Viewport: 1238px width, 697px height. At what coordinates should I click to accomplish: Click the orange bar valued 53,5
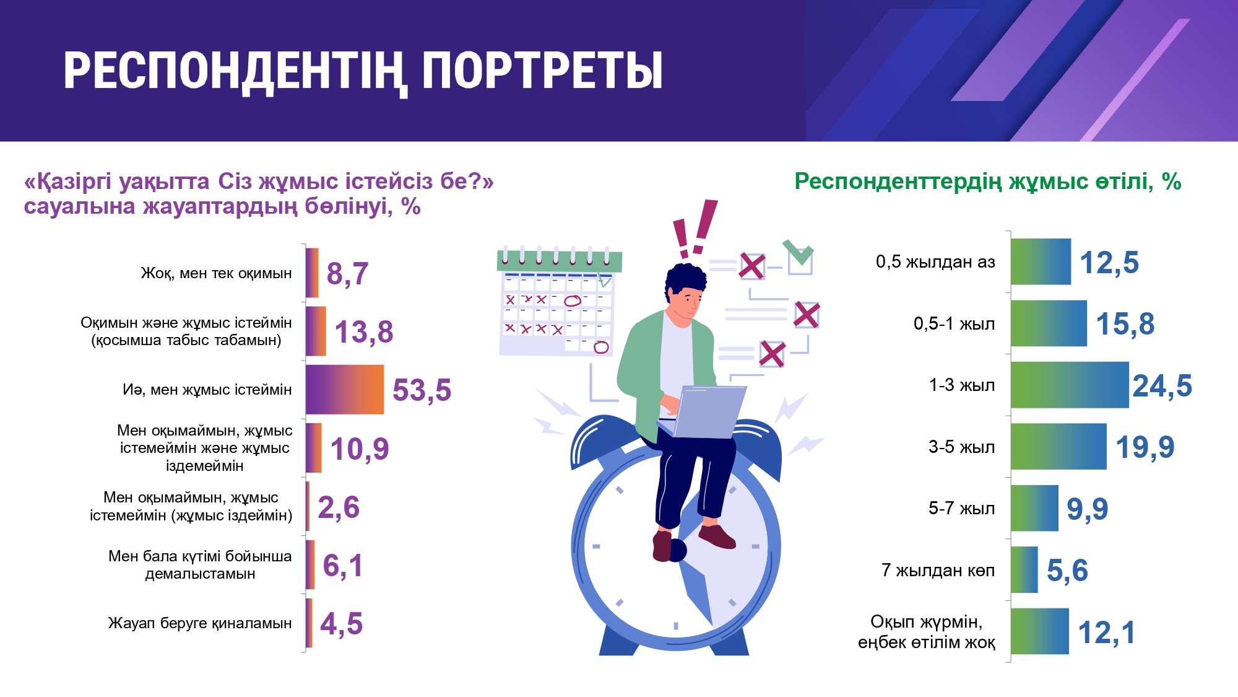(345, 389)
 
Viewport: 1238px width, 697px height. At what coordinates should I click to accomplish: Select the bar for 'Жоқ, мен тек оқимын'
(312, 273)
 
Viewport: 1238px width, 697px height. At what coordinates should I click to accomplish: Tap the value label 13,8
(364, 332)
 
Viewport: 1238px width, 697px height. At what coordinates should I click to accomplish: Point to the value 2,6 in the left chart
(339, 507)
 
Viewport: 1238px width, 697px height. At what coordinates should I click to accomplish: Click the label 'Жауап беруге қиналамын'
(200, 623)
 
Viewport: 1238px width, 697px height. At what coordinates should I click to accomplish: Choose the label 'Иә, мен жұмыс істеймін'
(207, 390)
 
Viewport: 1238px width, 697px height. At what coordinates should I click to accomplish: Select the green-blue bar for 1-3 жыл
(1070, 385)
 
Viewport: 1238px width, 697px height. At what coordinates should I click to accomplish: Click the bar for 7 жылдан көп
(1024, 569)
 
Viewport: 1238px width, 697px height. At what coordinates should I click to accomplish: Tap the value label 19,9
(1145, 447)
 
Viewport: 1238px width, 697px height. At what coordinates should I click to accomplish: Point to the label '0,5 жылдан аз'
(935, 262)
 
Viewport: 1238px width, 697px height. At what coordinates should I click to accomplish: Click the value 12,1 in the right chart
(1107, 633)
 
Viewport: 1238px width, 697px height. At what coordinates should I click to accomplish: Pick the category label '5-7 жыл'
(962, 509)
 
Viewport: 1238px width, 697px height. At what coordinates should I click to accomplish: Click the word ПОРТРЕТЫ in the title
(542, 71)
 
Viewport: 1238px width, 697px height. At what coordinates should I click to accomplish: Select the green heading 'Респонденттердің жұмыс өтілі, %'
(988, 181)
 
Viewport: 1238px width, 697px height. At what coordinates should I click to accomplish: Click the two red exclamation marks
(695, 228)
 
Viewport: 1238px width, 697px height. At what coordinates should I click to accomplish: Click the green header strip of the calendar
(560, 261)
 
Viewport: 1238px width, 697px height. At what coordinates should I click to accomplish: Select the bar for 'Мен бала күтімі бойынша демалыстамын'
(310, 564)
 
